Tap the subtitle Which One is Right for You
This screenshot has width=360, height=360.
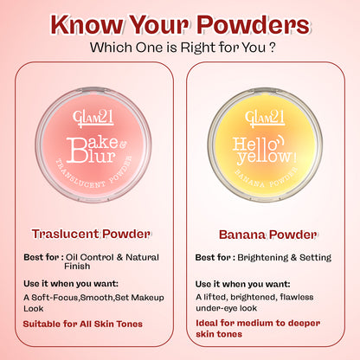coord(180,45)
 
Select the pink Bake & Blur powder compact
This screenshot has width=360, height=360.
coord(92,138)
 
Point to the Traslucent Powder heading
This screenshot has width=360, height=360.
coord(91,233)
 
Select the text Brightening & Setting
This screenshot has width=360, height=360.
coord(277,257)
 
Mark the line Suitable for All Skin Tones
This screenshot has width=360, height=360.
coord(83,324)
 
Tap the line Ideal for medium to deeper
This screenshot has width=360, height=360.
coord(258,323)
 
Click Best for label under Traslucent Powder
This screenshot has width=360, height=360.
coord(42,257)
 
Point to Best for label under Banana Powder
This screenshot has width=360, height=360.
coord(212,257)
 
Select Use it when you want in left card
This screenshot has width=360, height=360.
coord(71,284)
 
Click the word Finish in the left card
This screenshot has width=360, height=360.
coord(78,267)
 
